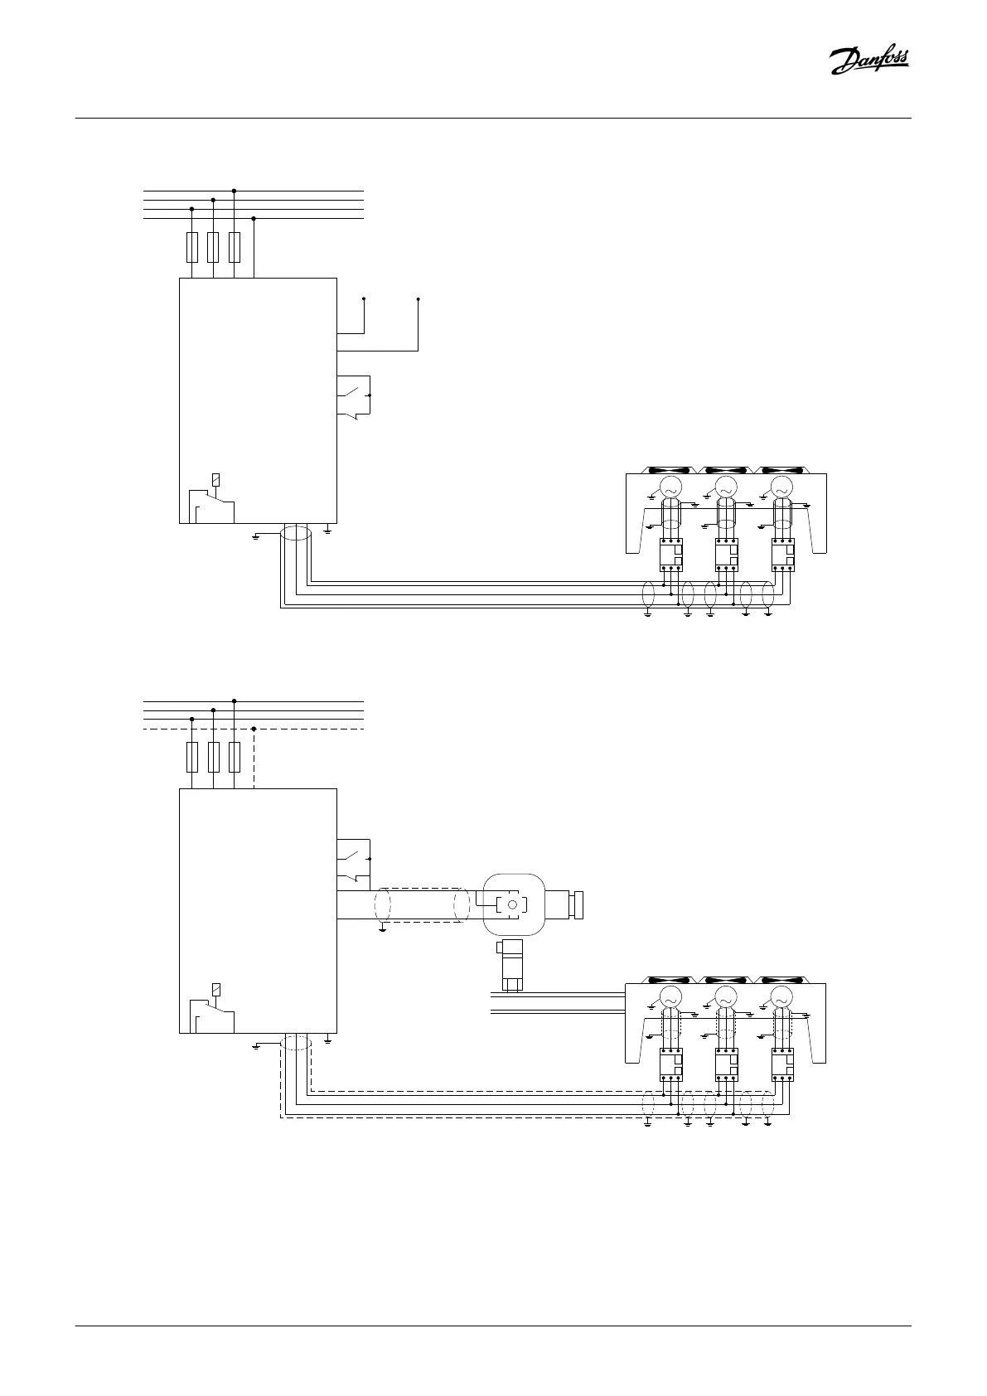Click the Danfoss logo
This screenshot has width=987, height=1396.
[869, 61]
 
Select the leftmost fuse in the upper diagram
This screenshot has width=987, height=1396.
[192, 247]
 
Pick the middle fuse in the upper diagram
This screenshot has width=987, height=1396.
[214, 247]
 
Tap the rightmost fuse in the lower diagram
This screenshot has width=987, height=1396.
[235, 757]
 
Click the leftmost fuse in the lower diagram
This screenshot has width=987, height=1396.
[192, 757]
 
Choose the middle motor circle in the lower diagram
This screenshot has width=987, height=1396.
[725, 997]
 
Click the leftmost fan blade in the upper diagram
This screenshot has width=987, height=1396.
[668, 469]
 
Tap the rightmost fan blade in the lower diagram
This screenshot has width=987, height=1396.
[779, 980]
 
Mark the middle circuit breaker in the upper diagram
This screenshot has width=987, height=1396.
[726, 555]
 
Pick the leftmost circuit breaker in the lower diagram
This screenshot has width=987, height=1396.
[670, 1065]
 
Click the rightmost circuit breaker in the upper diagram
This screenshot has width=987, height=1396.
[782, 555]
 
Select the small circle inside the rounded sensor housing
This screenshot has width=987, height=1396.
[512, 905]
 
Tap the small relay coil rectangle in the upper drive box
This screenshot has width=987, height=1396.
[215, 479]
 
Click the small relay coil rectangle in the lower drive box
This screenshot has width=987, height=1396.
[215, 990]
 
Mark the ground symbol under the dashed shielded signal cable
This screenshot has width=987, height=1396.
[382, 931]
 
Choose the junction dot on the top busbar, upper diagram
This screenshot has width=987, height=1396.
[235, 191]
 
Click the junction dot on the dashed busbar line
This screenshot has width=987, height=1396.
[254, 729]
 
